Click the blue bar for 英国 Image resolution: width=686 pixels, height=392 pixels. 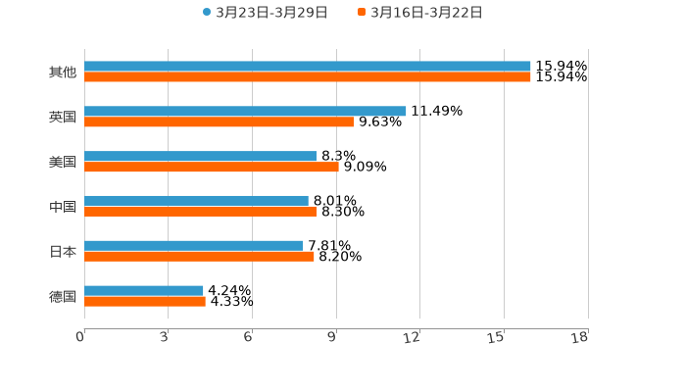tap(245, 112)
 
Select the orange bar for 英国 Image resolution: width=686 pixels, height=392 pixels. tap(219, 122)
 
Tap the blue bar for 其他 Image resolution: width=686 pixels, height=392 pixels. tap(308, 67)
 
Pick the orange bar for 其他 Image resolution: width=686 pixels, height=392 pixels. tap(308, 77)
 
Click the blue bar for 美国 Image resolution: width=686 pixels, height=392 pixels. tap(201, 156)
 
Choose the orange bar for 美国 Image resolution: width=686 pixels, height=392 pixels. tap(212, 168)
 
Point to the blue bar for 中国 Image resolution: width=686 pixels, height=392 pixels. tap(196, 201)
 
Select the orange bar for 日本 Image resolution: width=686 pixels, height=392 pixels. tap(199, 257)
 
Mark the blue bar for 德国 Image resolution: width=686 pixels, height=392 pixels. tap(144, 290)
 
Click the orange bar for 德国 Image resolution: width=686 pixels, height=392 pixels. tap(145, 302)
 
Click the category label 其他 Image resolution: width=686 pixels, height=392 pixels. tap(63, 73)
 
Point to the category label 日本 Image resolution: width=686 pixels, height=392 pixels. tap(63, 252)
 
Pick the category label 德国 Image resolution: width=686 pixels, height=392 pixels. tap(63, 296)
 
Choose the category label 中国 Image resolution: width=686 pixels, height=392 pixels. tap(63, 207)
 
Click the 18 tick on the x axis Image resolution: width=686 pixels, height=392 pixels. tap(580, 338)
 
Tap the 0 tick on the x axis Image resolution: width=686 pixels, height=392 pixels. tap(81, 338)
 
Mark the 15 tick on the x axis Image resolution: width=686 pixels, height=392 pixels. tap(498, 338)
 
